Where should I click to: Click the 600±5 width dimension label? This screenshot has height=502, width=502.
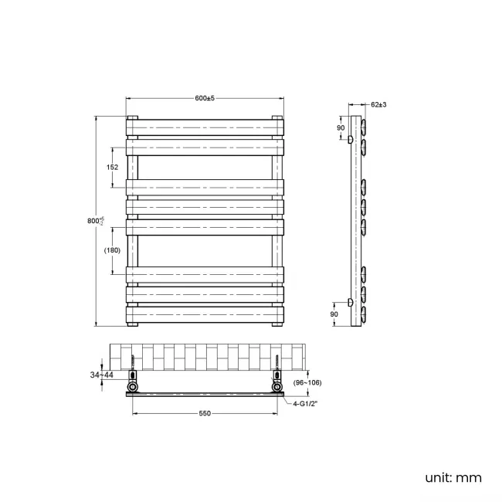click(204, 98)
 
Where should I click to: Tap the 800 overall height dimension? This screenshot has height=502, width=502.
click(94, 221)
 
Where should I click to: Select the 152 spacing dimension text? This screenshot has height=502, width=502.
click(112, 167)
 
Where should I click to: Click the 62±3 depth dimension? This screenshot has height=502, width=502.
click(378, 103)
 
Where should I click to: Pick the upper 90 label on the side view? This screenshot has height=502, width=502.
click(340, 127)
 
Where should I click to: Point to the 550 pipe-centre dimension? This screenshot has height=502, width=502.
click(205, 414)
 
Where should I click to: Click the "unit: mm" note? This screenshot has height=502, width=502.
click(453, 477)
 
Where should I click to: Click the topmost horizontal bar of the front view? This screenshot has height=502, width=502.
click(205, 126)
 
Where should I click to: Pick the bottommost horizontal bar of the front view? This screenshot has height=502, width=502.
click(205, 314)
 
